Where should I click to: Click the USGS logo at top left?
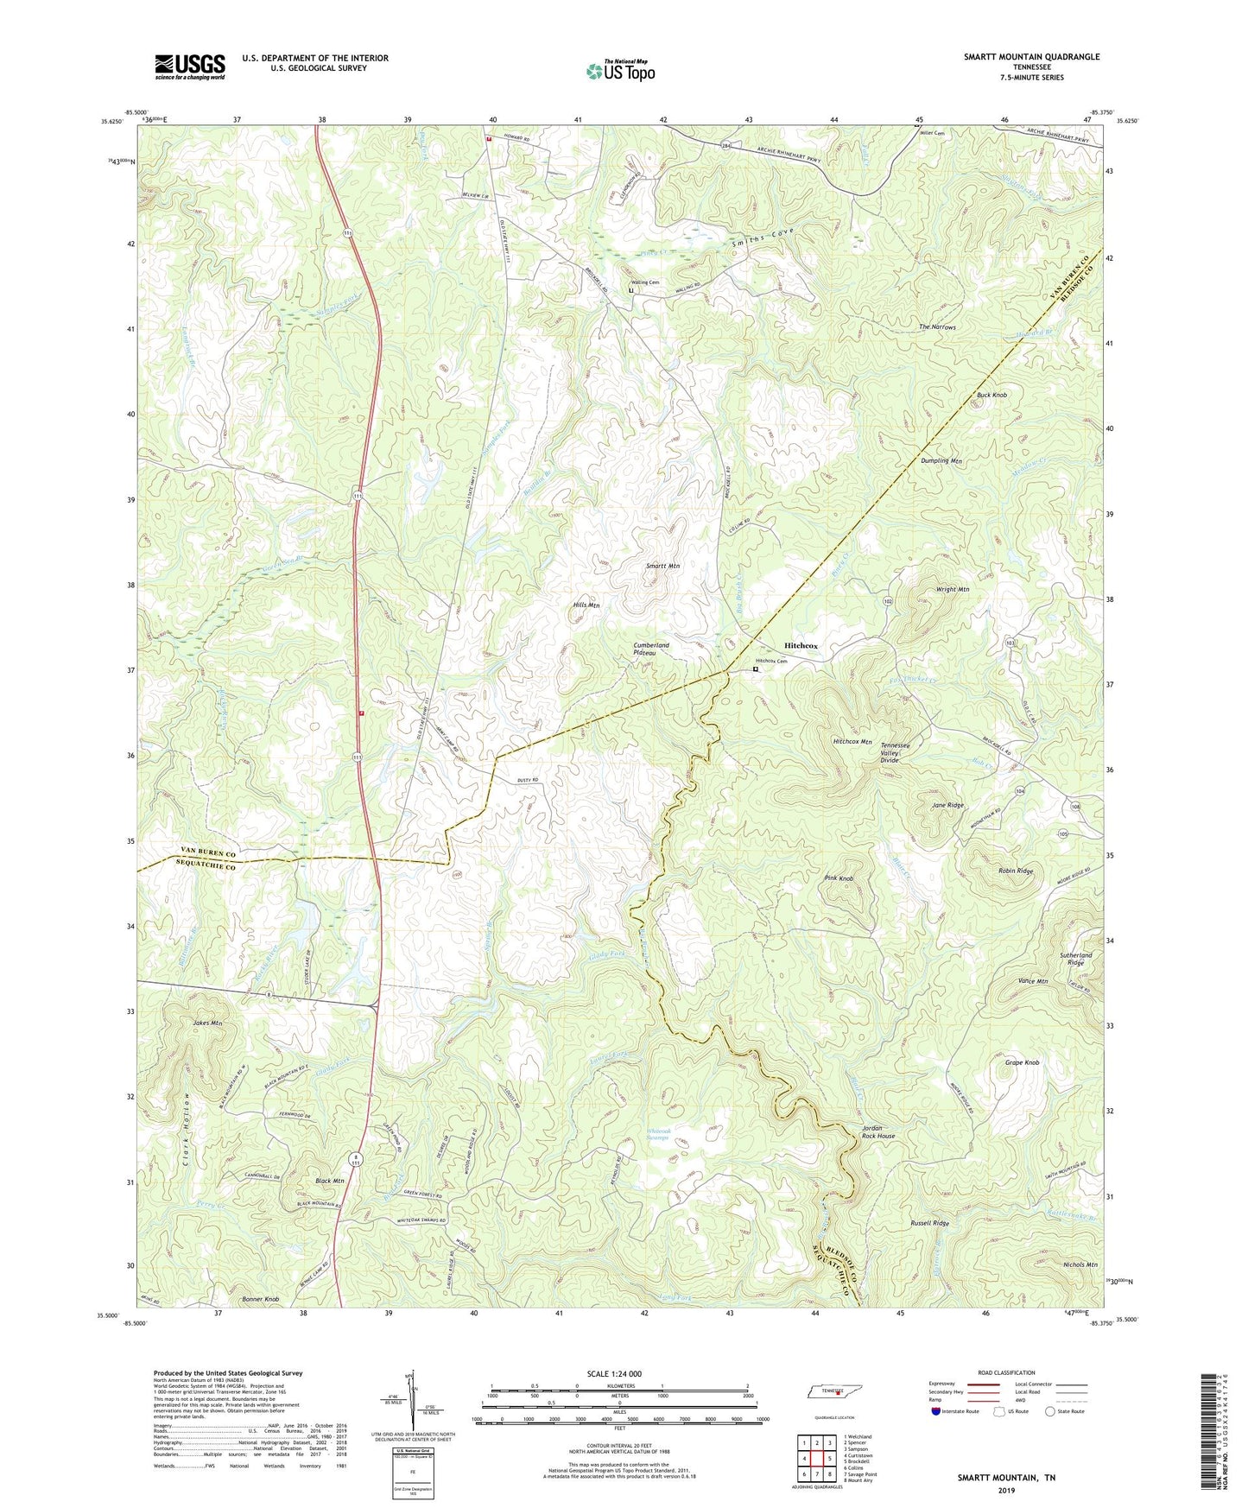[190, 67]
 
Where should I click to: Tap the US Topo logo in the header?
[620, 71]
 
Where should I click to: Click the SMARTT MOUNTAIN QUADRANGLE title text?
[1031, 57]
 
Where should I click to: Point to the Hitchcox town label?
[801, 645]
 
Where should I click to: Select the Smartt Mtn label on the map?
[663, 567]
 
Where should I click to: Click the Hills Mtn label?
[586, 605]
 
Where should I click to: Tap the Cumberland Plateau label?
[651, 649]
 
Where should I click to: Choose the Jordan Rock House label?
[878, 1132]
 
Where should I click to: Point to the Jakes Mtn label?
[207, 1023]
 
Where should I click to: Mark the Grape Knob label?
[1022, 1062]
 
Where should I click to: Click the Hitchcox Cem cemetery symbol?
[756, 669]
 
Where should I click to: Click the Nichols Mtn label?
[1080, 1264]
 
